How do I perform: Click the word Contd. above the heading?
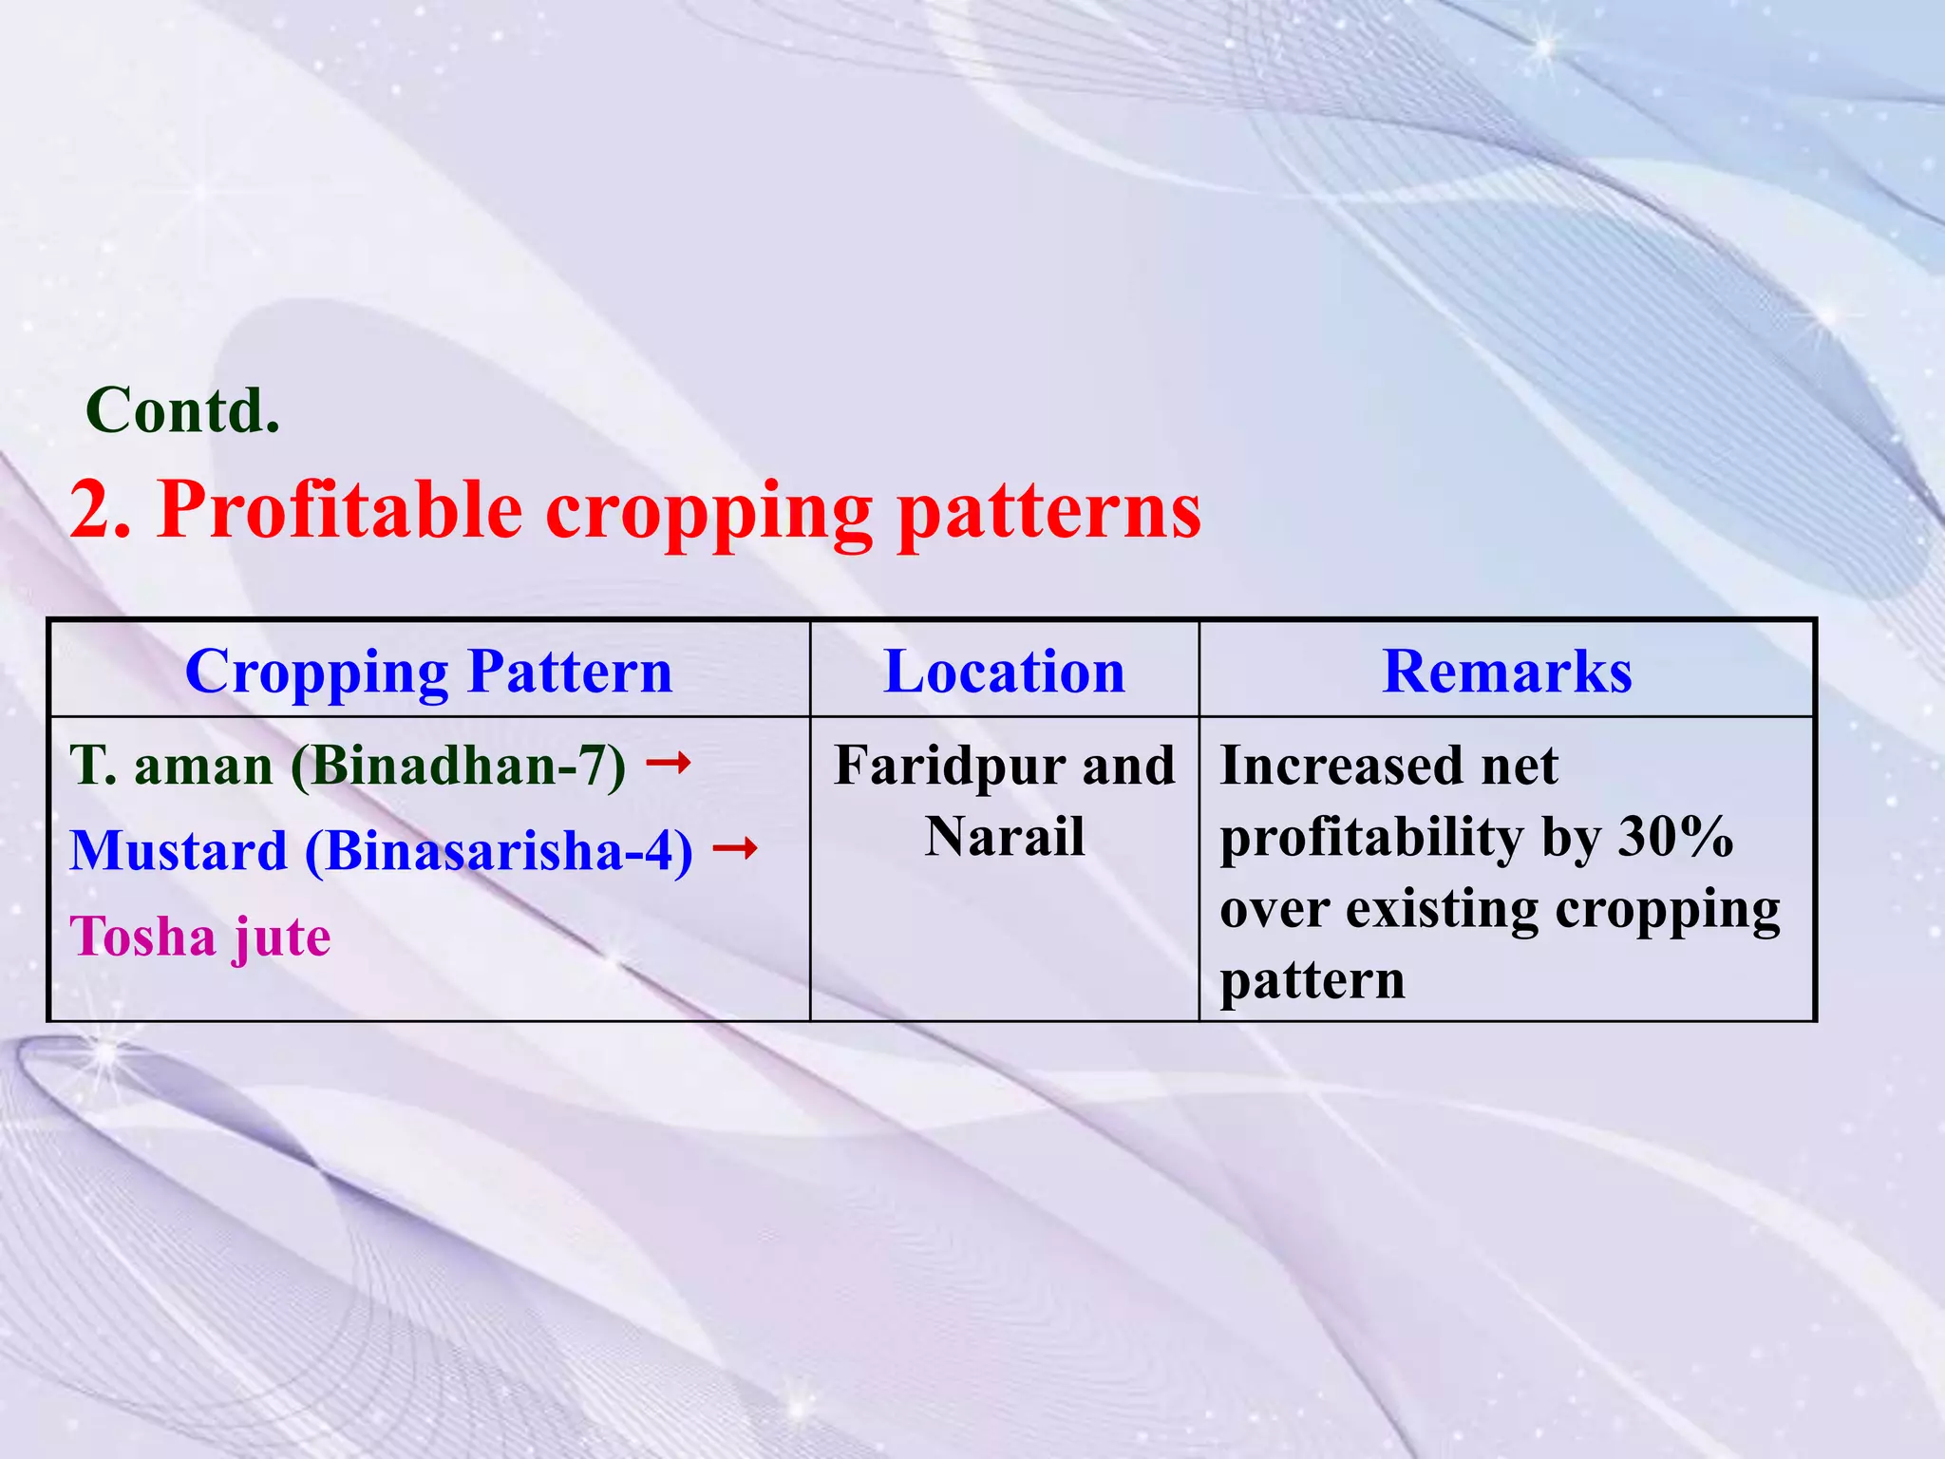click(182, 410)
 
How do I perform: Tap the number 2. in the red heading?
click(100, 510)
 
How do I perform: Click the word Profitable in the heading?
click(339, 510)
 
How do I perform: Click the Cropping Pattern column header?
click(428, 671)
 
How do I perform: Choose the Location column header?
click(1004, 671)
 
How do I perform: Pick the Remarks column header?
click(1506, 671)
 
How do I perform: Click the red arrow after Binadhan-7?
click(669, 762)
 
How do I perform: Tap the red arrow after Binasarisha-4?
click(735, 847)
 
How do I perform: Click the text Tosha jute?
click(200, 937)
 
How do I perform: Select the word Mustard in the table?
click(179, 850)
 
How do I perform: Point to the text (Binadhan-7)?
click(459, 766)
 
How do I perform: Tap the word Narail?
click(1004, 837)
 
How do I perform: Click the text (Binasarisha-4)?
click(499, 851)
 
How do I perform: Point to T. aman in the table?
click(171, 766)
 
